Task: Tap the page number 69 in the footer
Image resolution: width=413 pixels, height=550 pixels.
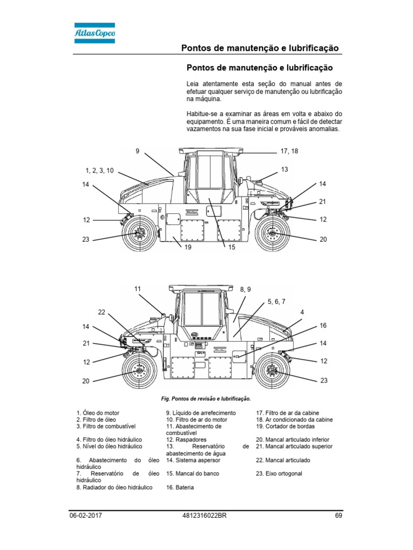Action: [338, 516]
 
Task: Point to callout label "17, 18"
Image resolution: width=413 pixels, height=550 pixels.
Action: [289, 151]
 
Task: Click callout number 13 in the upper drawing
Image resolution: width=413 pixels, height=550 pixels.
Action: [284, 169]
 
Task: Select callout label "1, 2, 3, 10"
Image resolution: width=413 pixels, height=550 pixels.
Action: [99, 170]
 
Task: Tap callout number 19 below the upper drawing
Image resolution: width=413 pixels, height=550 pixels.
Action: [188, 248]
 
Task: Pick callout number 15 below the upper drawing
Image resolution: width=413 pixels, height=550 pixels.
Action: [232, 248]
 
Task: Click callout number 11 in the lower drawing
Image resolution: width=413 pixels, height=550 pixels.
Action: [138, 288]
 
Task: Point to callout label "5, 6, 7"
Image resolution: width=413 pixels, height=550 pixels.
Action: [276, 302]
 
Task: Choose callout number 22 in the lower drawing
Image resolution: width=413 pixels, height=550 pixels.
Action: [102, 312]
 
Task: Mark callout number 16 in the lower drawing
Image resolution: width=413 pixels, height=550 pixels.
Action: [323, 325]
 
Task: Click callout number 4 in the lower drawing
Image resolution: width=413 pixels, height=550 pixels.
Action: [302, 312]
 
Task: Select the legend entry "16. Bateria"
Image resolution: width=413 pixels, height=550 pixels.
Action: [180, 487]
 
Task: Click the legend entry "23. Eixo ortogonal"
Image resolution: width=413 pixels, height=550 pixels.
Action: [279, 474]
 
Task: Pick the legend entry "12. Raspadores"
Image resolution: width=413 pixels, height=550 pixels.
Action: [187, 439]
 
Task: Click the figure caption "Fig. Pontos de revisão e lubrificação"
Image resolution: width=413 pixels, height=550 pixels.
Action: [206, 399]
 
